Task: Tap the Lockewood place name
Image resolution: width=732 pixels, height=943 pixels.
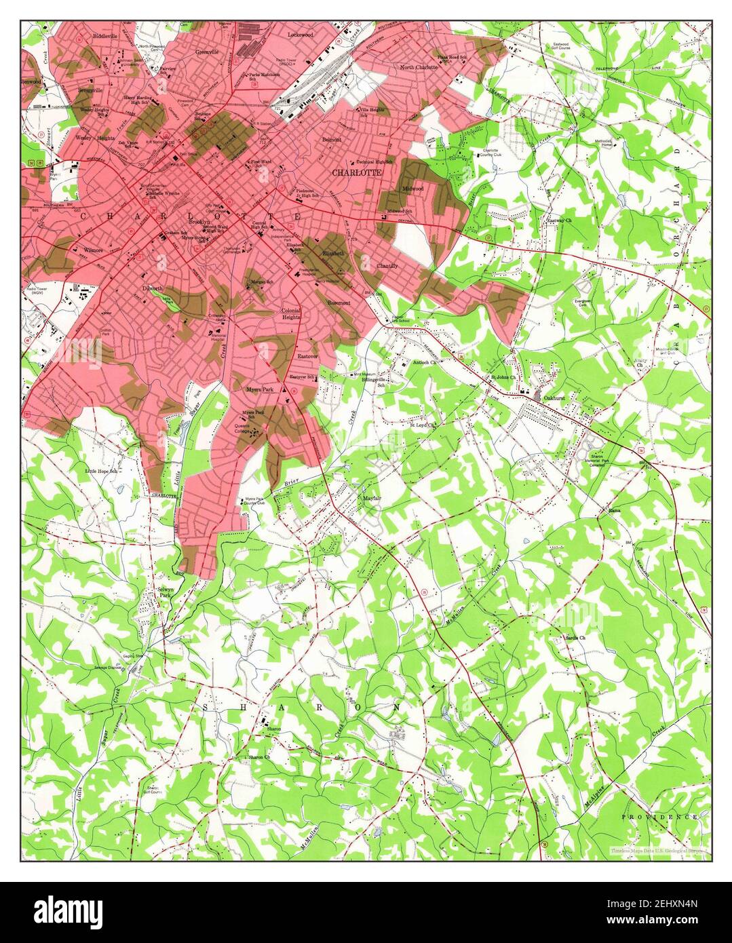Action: (x=301, y=33)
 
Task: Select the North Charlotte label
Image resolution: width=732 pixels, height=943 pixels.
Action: (x=419, y=68)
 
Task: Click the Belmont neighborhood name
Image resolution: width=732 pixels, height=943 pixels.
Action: (x=332, y=139)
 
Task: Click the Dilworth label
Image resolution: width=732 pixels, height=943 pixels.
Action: (x=152, y=288)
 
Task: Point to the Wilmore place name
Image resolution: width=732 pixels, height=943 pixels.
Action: (x=93, y=250)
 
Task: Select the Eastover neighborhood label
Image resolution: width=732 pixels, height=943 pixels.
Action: (x=307, y=355)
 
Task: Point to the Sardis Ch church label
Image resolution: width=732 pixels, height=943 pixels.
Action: (x=575, y=638)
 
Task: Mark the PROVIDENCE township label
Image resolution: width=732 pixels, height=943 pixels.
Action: (x=659, y=817)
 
